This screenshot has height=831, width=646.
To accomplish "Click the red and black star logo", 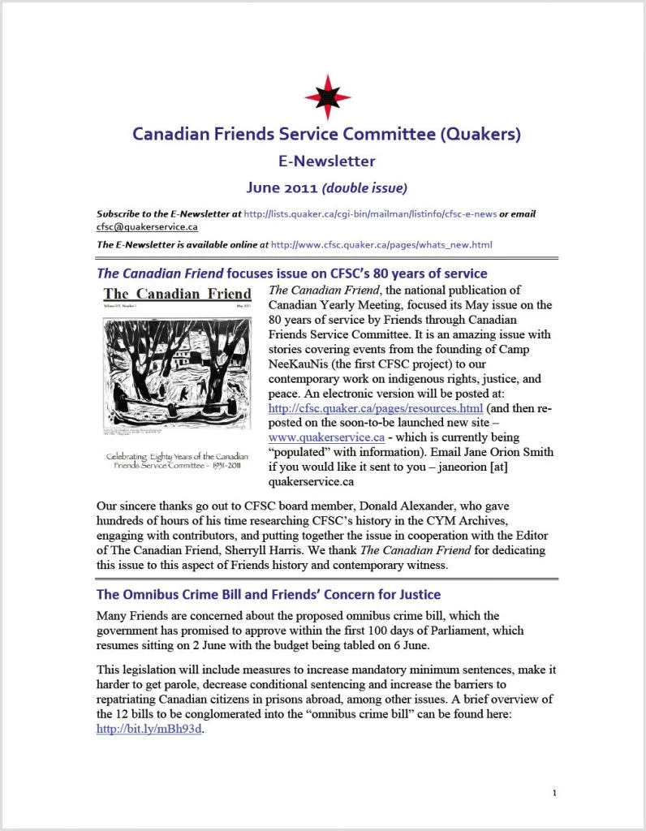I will pos(328,96).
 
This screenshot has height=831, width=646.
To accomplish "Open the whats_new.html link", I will pos(381,244).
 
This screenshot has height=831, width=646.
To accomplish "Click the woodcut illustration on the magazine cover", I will pos(176,371).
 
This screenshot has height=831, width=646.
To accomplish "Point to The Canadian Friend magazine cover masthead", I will pos(176,294).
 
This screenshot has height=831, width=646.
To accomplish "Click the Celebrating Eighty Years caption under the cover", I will pos(177,463).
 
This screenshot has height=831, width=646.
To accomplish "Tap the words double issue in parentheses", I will pos(364,188).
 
